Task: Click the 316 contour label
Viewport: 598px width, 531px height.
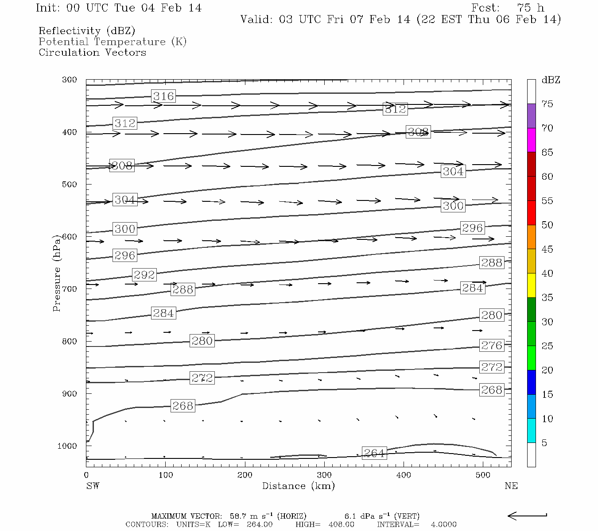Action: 163,96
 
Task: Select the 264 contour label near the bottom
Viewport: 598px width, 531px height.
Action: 374,453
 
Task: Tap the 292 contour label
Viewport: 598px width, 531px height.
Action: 144,275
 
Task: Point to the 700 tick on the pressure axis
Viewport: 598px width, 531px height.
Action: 70,289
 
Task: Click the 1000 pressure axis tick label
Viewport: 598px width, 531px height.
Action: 67,446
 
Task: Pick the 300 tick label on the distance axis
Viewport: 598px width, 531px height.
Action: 324,475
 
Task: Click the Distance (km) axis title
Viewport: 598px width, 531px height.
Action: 298,486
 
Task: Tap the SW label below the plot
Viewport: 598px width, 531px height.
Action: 93,486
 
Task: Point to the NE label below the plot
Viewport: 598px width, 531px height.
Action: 511,486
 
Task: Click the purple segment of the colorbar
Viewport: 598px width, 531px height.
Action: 531,116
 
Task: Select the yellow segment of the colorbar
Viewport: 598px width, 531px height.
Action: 531,285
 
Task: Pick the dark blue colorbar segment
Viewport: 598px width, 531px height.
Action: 531,382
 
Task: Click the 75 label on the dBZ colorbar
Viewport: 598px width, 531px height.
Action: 547,104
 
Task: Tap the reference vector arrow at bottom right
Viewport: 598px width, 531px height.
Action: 527,516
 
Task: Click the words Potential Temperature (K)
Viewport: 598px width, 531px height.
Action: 113,42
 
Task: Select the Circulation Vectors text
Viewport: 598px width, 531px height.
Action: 92,53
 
